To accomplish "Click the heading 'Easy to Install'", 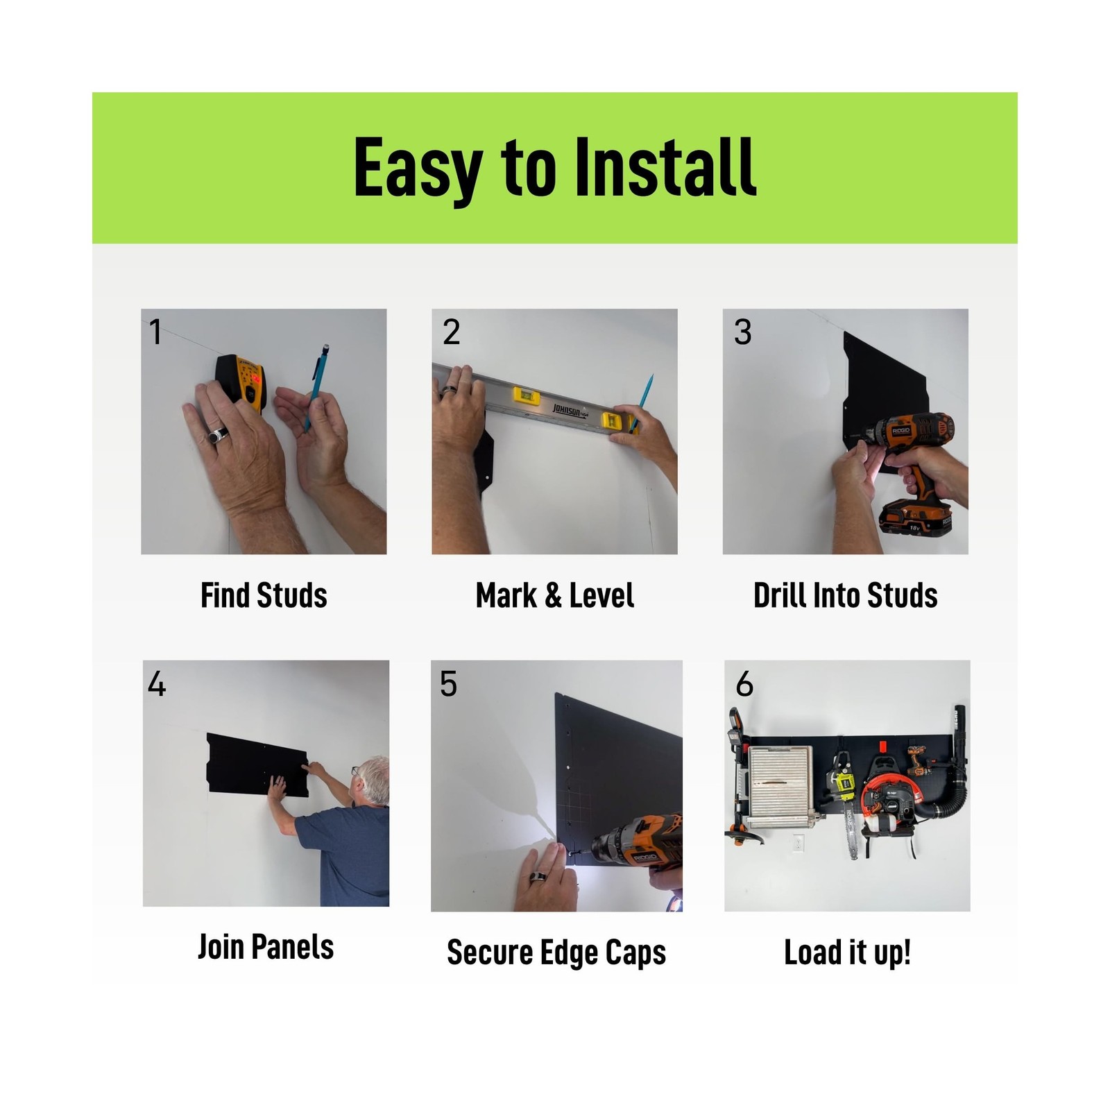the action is coord(554,167).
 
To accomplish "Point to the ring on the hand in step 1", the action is coord(219,435).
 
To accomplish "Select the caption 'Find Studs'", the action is coord(264,595).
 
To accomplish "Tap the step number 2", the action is coord(452,332).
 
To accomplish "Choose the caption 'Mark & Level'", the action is coord(555,595).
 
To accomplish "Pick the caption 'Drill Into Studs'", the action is coord(846,595).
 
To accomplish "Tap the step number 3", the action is coord(743,332).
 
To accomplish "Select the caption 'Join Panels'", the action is coord(266,947).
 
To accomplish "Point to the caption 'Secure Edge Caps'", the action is coord(556,953).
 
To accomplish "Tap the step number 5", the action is coord(449,684).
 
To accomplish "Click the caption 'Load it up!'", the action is coord(847,953).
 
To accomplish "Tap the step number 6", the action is coord(744,684).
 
